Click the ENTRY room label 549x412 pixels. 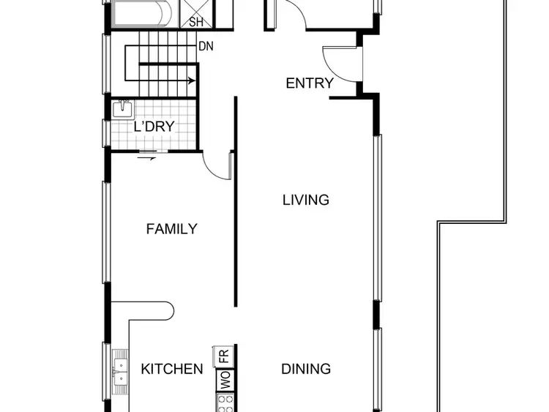coord(309,83)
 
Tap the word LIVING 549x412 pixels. coord(306,200)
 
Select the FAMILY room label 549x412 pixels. coord(171,229)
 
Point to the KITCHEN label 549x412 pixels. coord(172,369)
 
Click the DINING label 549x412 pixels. coord(306,369)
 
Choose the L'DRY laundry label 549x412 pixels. coord(154,127)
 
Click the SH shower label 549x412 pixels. coord(196,22)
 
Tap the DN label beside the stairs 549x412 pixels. coord(206,46)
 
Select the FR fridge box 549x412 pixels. coord(224,358)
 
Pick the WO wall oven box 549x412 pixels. coord(224,381)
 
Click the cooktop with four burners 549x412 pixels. coord(224,402)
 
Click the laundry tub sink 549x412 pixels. coord(123,109)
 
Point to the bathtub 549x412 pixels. coord(143,12)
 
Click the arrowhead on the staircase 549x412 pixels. coord(192,80)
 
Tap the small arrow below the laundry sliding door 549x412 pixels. coord(153,159)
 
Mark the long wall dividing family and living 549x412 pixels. coord(235,201)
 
